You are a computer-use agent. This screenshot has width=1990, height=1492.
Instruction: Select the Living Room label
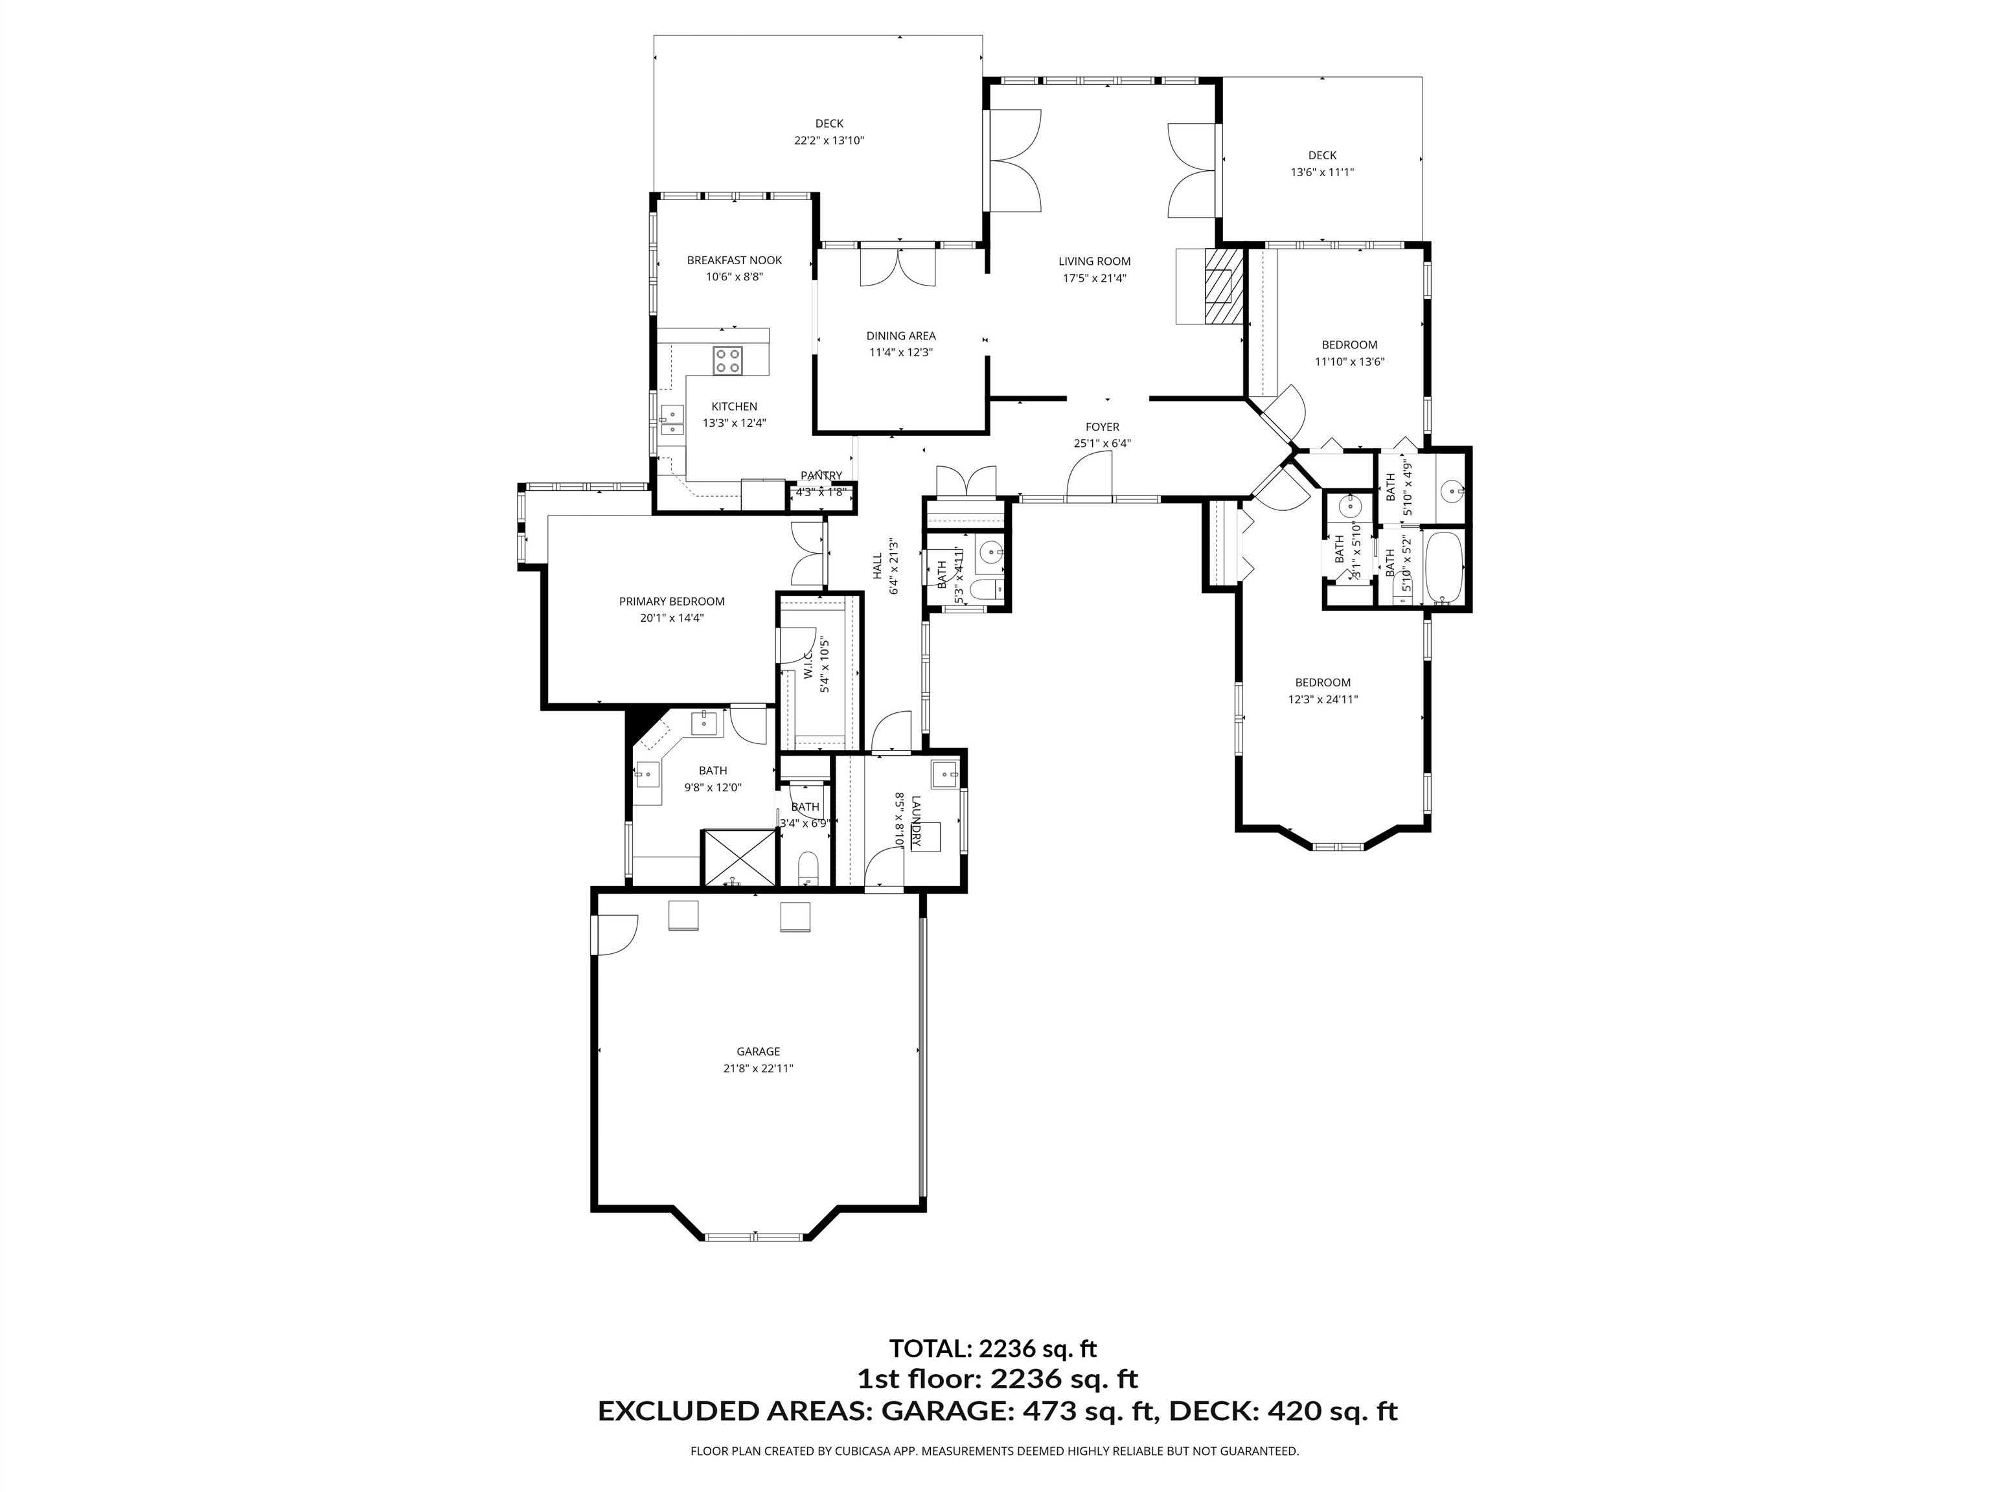tap(1094, 262)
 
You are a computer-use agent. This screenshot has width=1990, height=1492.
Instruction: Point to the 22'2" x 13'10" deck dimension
tap(829, 141)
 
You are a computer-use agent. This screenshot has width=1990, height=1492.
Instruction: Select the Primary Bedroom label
tap(671, 602)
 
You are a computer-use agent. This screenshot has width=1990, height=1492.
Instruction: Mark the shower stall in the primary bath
tap(738, 858)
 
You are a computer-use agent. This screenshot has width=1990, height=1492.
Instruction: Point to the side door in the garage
tap(616, 935)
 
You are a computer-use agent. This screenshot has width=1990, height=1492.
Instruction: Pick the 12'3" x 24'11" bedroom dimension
tap(1323, 699)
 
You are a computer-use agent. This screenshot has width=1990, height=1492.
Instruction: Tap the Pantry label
tap(821, 476)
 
